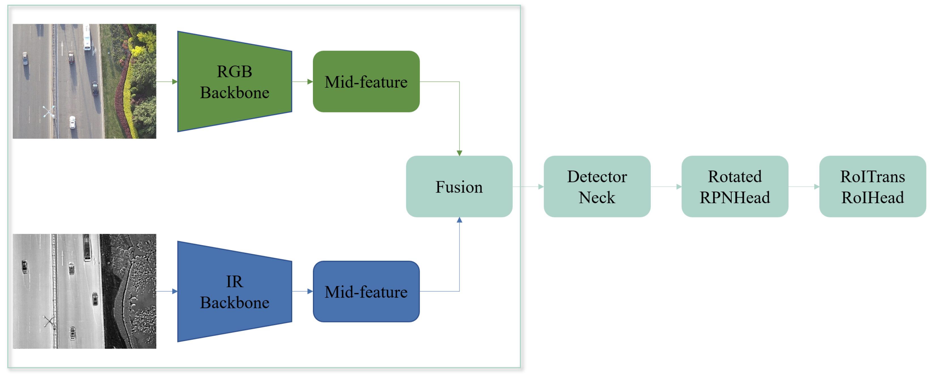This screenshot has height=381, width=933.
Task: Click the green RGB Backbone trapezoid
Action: pyautogui.click(x=234, y=82)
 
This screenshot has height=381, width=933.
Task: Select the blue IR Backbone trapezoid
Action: pyautogui.click(x=234, y=292)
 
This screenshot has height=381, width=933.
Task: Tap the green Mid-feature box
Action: pyautogui.click(x=366, y=82)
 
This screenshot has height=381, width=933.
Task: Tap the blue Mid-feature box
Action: pyautogui.click(x=366, y=292)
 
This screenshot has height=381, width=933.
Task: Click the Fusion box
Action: pyautogui.click(x=459, y=187)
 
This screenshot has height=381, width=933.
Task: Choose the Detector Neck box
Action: pyautogui.click(x=597, y=187)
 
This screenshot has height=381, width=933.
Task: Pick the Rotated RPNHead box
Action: pyautogui.click(x=735, y=187)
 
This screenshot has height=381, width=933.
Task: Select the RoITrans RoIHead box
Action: pyautogui.click(x=872, y=187)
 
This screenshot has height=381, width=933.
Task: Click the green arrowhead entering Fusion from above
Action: pyautogui.click(x=459, y=153)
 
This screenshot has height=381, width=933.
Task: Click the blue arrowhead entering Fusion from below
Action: pyautogui.click(x=459, y=220)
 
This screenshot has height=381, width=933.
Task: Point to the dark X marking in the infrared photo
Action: pyautogui.click(x=49, y=321)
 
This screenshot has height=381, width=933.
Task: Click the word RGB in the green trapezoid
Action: pyautogui.click(x=234, y=72)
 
